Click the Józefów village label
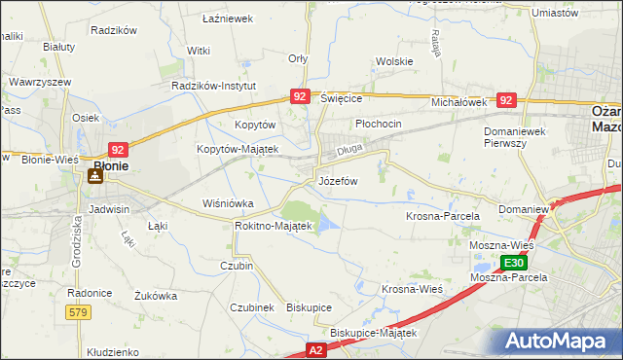[338, 181]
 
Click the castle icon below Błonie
[95, 176]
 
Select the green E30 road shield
[515, 263]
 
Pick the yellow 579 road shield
[80, 311]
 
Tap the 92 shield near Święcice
[300, 96]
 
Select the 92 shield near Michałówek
[505, 99]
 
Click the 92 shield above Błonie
[118, 149]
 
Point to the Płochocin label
[379, 125]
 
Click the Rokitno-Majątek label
[273, 226]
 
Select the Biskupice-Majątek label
[373, 332]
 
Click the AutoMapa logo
[561, 342]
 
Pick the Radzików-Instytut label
[213, 86]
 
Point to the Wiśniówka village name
[227, 203]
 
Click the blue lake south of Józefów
[328, 225]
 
